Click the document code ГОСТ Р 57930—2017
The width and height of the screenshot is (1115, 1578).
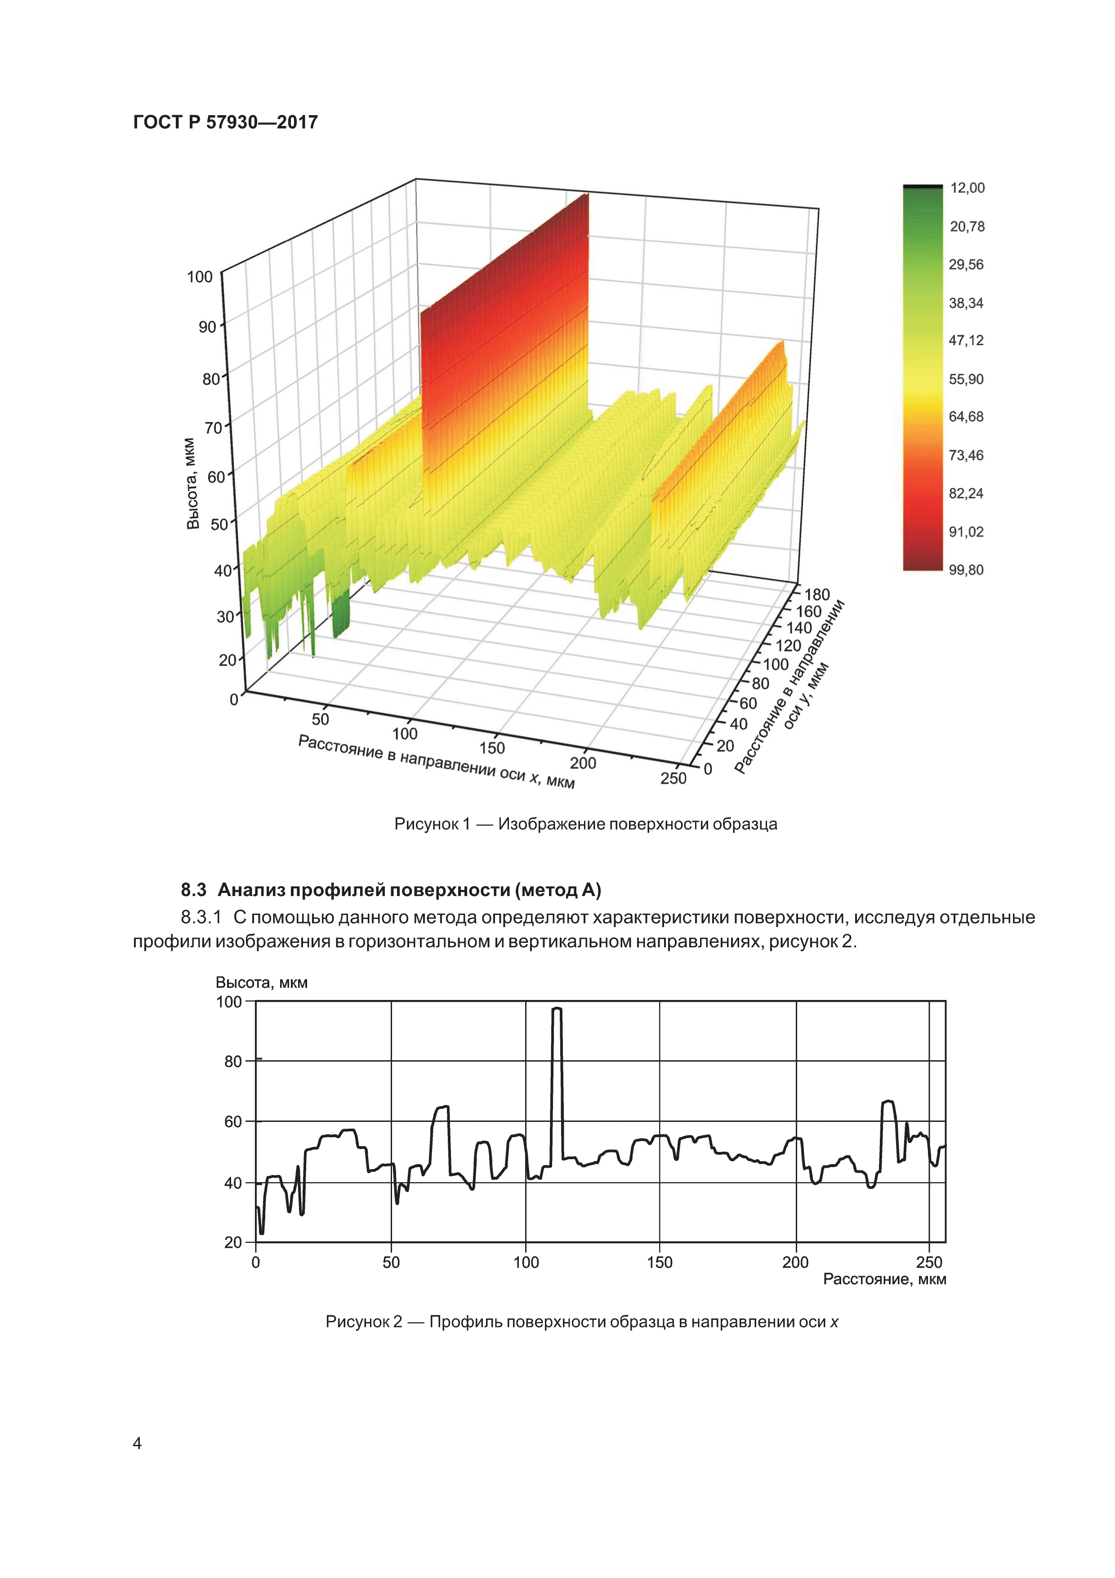(x=225, y=122)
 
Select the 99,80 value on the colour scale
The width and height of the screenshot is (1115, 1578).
(x=966, y=570)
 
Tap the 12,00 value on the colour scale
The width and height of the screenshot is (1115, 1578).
(x=967, y=188)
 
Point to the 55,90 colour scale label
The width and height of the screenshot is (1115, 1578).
(x=966, y=379)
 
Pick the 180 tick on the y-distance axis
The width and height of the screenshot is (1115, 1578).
(x=817, y=595)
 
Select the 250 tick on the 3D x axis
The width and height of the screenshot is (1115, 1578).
(x=673, y=778)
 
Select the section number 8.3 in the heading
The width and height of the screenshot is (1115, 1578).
(x=194, y=890)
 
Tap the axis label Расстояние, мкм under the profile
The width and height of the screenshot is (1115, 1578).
(x=884, y=1279)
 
